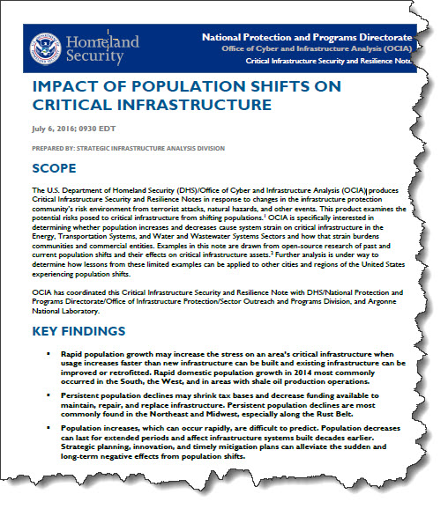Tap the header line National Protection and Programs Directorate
[x=306, y=38]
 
